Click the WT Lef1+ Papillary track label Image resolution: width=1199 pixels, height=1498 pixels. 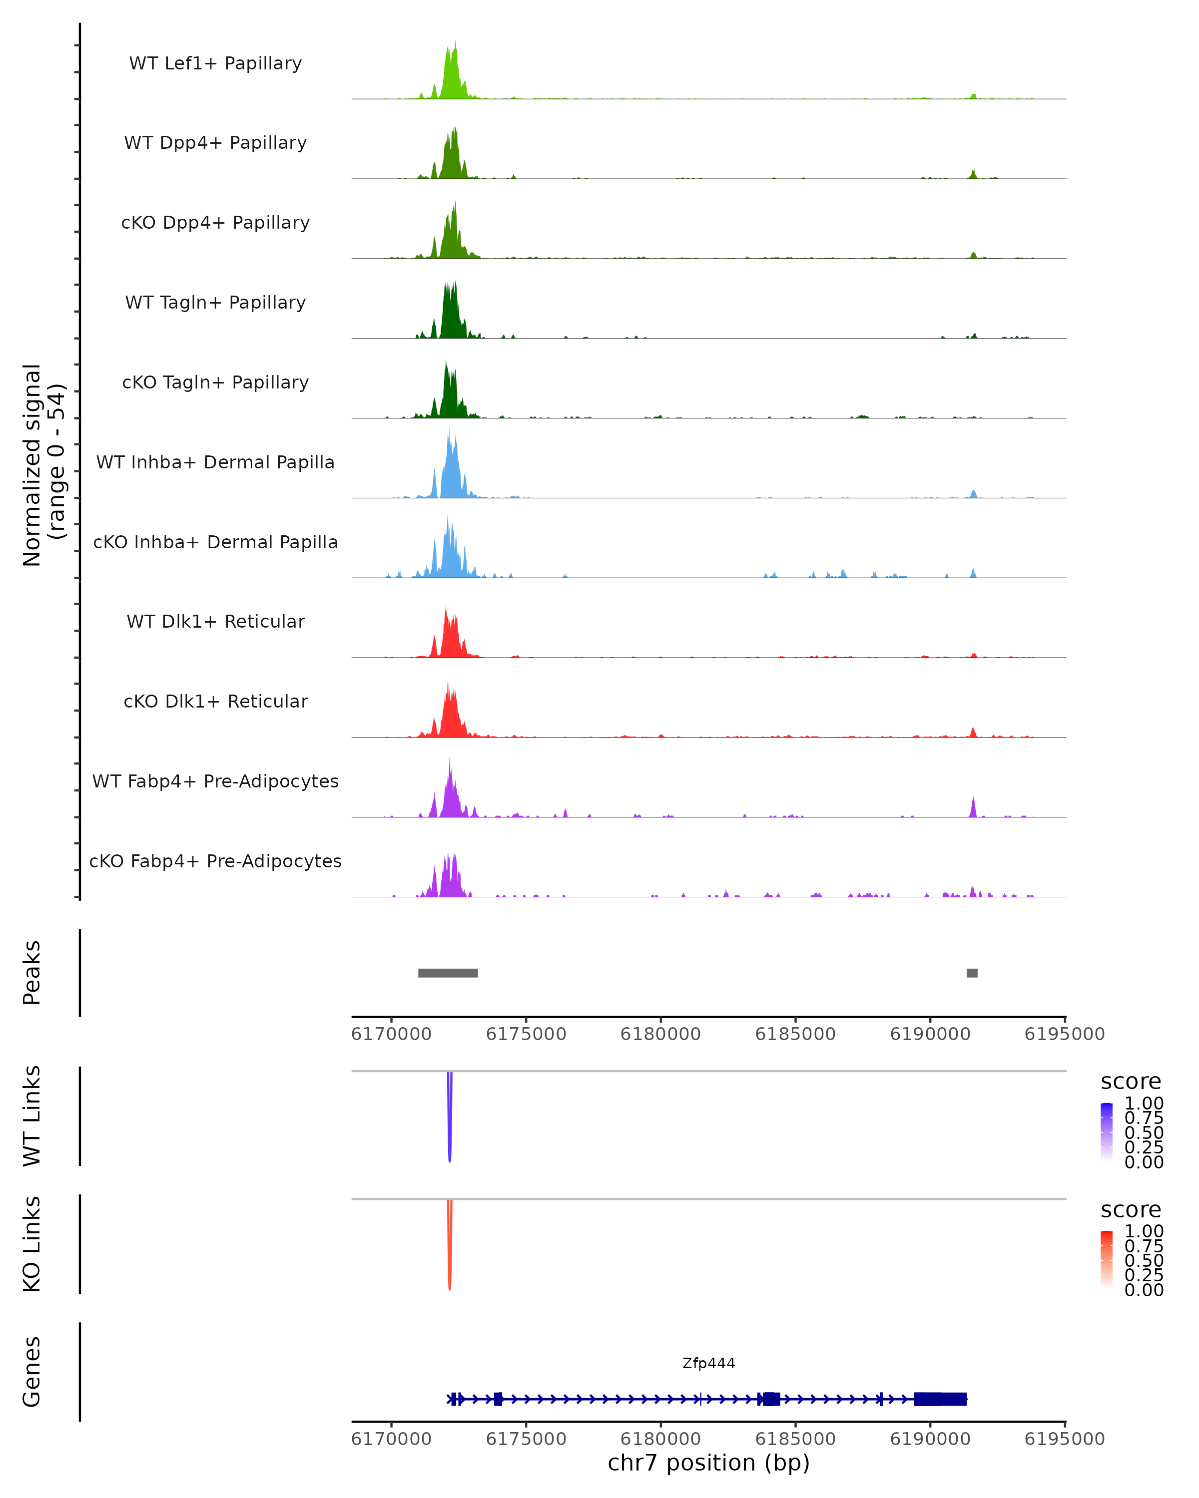coord(215,63)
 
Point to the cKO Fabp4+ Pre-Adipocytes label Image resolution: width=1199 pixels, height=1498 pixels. coord(215,861)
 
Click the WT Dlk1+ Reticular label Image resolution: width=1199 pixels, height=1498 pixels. coord(215,621)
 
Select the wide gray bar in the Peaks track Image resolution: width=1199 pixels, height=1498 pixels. coord(448,973)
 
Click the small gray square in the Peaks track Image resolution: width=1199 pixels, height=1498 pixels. coord(972,973)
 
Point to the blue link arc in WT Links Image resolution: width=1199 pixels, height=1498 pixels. coord(450,1119)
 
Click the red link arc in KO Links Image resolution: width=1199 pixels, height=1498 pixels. coord(450,1247)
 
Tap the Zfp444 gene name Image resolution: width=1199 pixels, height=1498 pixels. coord(708,1363)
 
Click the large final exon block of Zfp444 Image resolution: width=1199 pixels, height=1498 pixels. coord(940,1399)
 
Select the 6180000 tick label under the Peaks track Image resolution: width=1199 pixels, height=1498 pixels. coord(660,1034)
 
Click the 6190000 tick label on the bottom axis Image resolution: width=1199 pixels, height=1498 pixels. coord(930,1439)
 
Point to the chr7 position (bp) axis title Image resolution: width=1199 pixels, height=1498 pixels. coord(708,1463)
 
